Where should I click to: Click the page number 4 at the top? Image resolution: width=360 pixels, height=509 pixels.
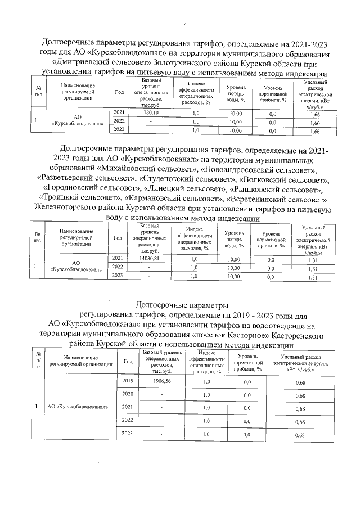[184, 25]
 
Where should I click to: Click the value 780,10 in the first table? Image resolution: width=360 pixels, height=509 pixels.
[152, 112]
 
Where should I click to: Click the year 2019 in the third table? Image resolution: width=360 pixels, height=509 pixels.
[128, 381]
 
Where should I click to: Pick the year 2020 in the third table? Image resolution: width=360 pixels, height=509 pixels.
[128, 394]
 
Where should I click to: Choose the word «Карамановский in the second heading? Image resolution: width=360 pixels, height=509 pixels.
[155, 197]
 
